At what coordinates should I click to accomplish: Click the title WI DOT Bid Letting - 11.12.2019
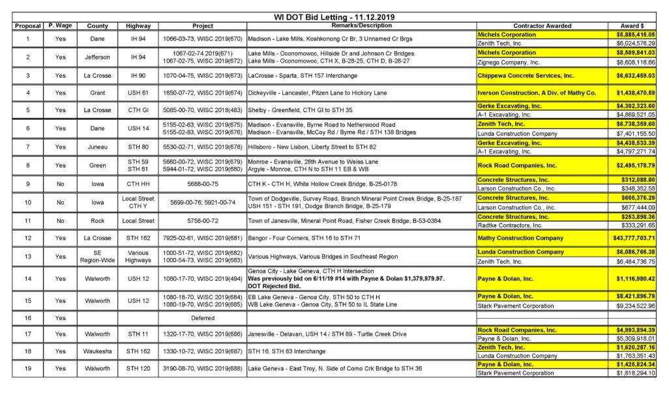334,17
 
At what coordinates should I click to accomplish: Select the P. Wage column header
60,25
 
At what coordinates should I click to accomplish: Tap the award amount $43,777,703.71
632,238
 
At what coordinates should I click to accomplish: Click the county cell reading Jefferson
97,57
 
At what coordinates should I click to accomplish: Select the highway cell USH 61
138,93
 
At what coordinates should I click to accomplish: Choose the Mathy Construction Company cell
520,238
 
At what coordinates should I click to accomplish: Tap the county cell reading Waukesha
97,352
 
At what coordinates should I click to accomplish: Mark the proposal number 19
27,369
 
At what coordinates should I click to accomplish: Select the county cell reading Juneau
97,147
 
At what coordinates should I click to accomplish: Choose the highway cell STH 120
138,369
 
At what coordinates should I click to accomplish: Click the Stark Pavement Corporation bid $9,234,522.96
632,304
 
